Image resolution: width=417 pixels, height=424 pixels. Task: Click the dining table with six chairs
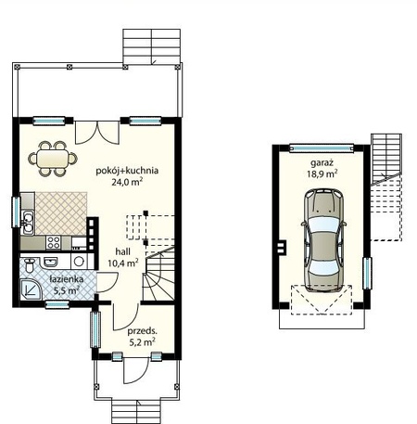point(53,159)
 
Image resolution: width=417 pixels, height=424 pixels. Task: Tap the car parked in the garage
point(323,240)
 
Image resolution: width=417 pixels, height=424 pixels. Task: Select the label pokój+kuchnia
point(127,171)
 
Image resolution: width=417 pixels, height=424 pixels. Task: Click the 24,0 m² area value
point(127,182)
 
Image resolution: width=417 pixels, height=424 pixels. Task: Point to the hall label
point(122,251)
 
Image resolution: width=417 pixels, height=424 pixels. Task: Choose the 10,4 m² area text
point(122,263)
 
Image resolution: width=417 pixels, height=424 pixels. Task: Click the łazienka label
point(67,279)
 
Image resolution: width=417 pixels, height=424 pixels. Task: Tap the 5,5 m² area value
point(67,290)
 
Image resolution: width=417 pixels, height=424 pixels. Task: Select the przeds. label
point(142,331)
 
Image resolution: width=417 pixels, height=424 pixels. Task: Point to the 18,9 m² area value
point(322,173)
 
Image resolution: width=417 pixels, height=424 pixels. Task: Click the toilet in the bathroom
point(30,265)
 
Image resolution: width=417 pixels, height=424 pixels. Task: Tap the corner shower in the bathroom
point(31,289)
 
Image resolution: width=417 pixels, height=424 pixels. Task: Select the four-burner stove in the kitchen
point(53,242)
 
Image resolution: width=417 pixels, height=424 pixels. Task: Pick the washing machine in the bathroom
point(79,262)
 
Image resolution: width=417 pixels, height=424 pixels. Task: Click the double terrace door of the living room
point(97,133)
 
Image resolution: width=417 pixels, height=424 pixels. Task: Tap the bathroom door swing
point(107,282)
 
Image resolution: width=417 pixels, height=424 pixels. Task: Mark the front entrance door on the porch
point(135,371)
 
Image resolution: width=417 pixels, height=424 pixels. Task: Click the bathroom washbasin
point(51,262)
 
